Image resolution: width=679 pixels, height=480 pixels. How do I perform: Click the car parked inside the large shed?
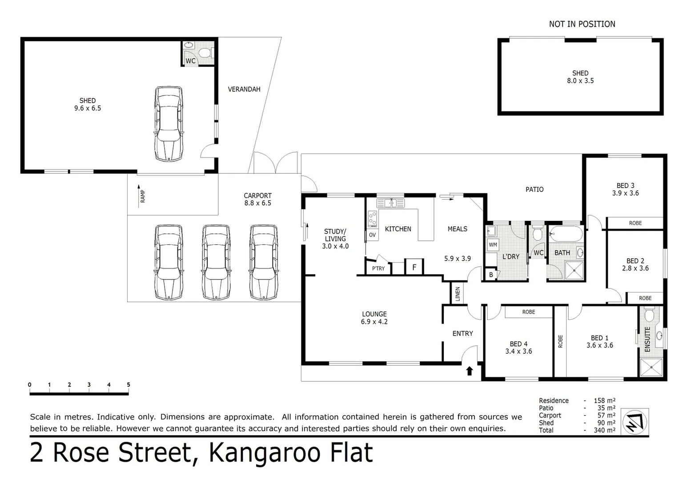pyautogui.click(x=169, y=123)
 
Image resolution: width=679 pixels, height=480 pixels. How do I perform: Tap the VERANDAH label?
pyautogui.click(x=244, y=89)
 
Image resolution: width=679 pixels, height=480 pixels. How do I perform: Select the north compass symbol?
pyautogui.click(x=635, y=422)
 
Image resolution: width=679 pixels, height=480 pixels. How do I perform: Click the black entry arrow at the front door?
pyautogui.click(x=469, y=371)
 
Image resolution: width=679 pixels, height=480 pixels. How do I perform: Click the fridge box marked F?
pyautogui.click(x=414, y=267)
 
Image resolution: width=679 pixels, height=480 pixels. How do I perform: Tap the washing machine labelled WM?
pyautogui.click(x=493, y=245)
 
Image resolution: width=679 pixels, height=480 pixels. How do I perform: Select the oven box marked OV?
pyautogui.click(x=372, y=235)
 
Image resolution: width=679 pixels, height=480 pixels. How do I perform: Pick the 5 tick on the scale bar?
pyautogui.click(x=129, y=385)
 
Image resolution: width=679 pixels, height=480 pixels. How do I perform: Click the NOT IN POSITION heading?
pyautogui.click(x=582, y=24)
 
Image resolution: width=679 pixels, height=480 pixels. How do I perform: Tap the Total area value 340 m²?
pyautogui.click(x=604, y=430)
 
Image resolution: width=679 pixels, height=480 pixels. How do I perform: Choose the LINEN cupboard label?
pyautogui.click(x=457, y=294)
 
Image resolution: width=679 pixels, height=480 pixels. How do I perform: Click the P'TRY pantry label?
pyautogui.click(x=378, y=268)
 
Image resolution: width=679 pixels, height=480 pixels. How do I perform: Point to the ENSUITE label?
pyautogui.click(x=647, y=340)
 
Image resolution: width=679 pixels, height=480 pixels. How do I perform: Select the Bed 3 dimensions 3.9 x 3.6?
pyautogui.click(x=625, y=193)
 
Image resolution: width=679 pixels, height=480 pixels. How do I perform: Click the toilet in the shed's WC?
pyautogui.click(x=204, y=53)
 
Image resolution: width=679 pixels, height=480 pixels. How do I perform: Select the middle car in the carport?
pyautogui.click(x=216, y=262)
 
